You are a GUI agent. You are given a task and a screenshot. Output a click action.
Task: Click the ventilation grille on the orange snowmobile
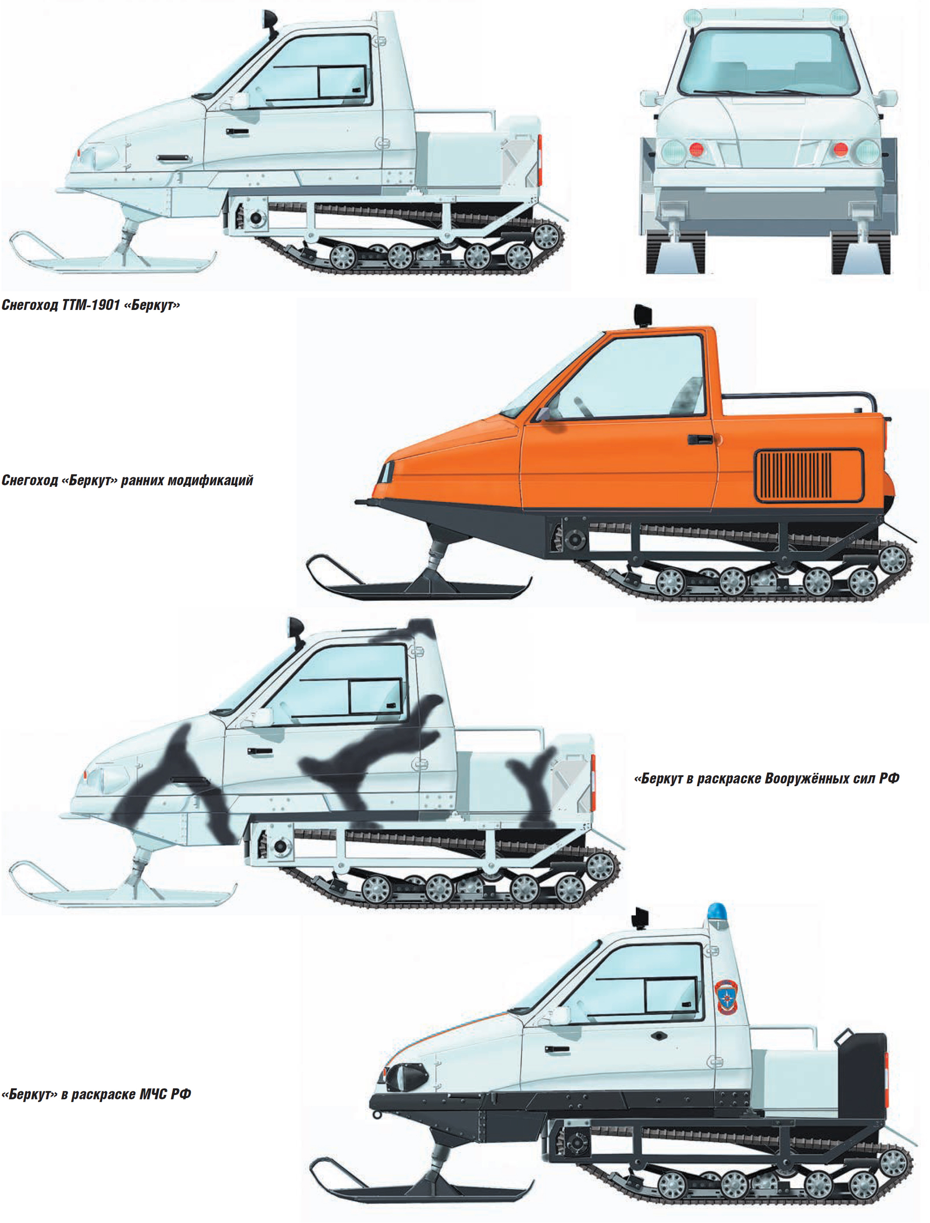tap(809, 476)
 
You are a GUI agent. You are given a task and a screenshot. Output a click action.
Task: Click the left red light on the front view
tap(696, 149)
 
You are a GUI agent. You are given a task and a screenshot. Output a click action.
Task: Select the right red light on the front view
tap(841, 149)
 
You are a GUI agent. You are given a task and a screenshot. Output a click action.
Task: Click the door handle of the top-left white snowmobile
tap(237, 132)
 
